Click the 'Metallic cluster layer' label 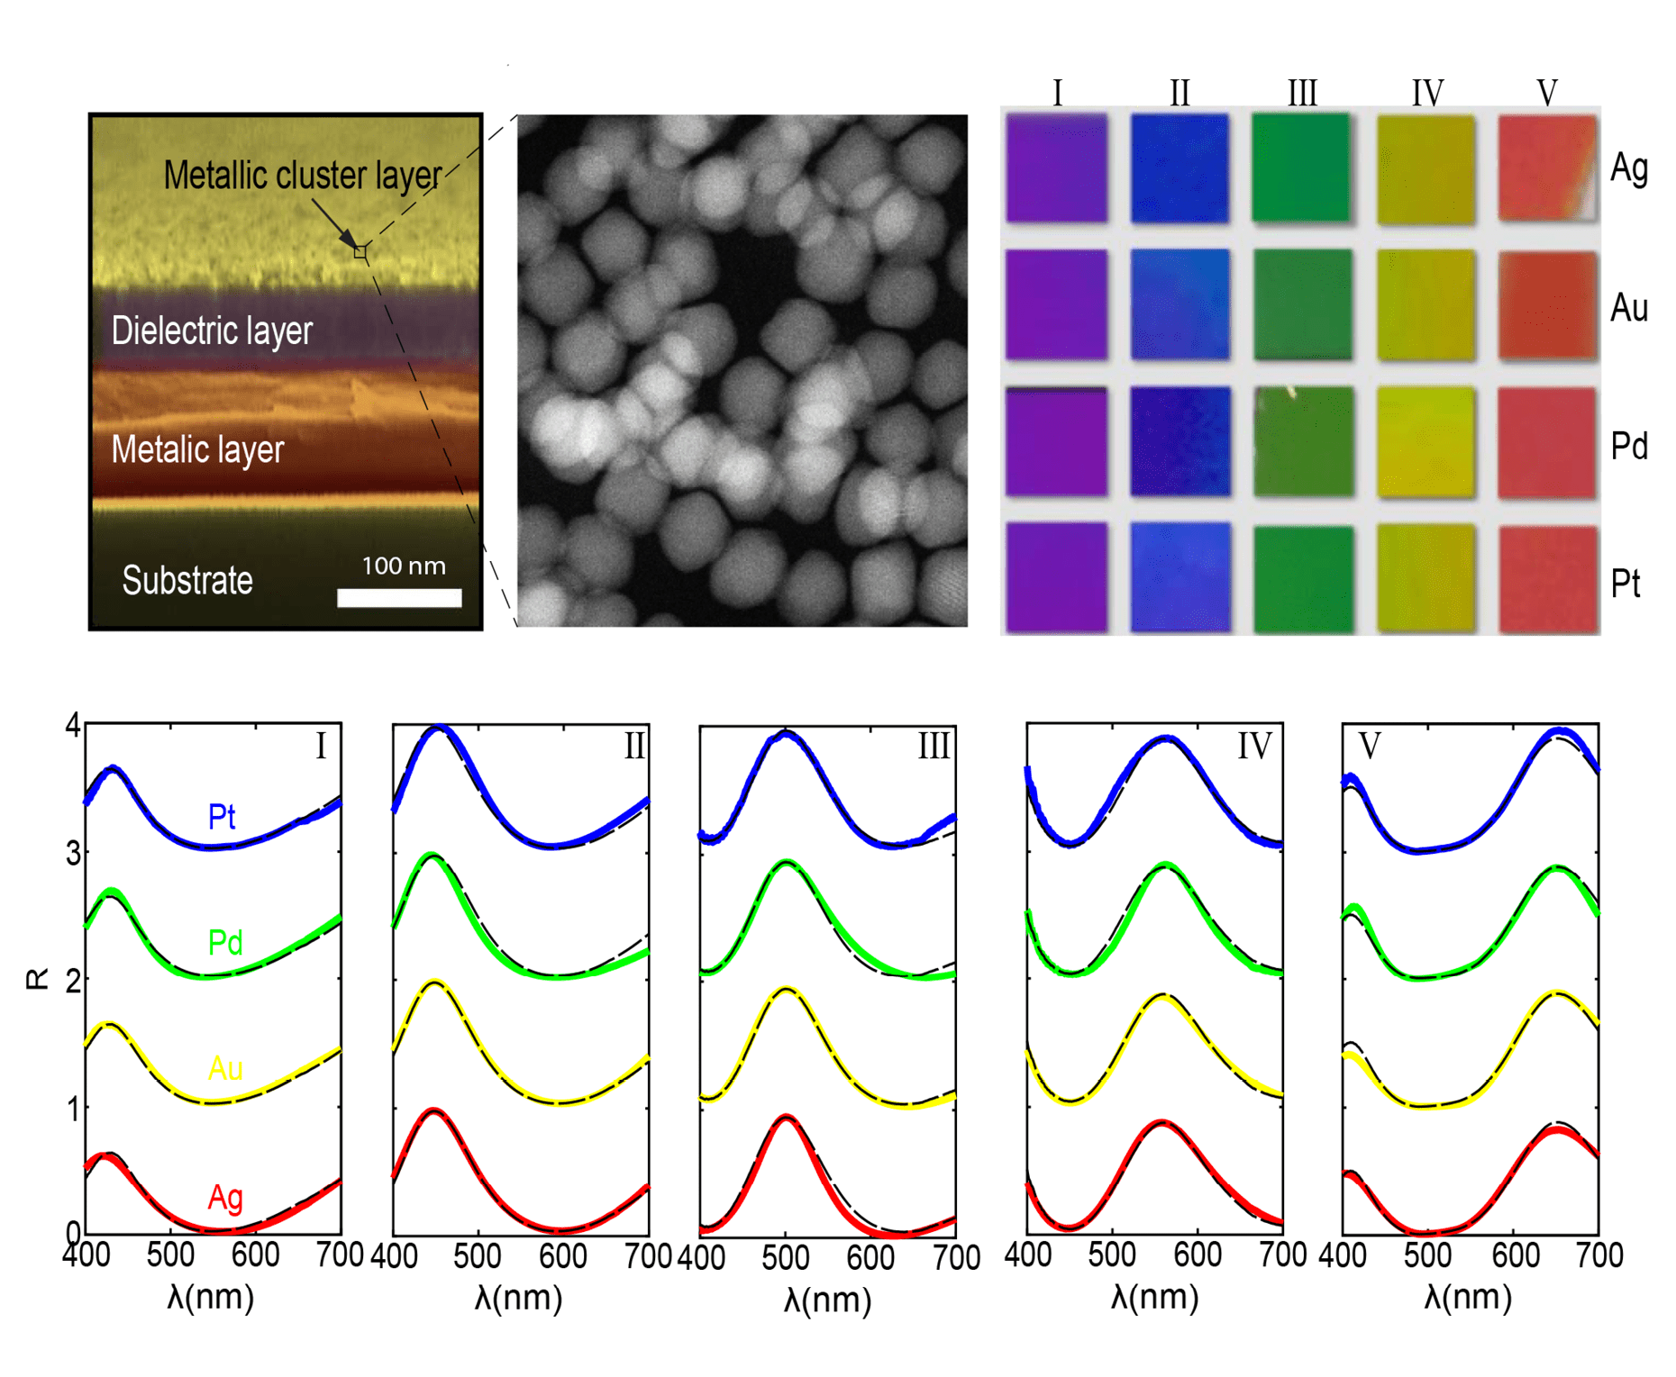tap(302, 176)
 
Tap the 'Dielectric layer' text tap(212, 331)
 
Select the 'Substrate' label tap(187, 581)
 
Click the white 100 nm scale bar tap(399, 597)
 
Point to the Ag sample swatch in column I tap(1057, 168)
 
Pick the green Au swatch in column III tap(1302, 305)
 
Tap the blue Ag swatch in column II tap(1180, 168)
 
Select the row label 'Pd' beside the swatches tap(1628, 446)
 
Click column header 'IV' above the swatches tap(1427, 93)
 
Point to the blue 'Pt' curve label tap(222, 817)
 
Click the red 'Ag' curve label tap(225, 1197)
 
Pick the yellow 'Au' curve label tap(225, 1069)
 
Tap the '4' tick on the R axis tap(72, 725)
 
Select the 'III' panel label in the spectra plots tap(934, 747)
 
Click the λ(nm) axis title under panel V tap(1468, 1297)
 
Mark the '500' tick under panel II tap(477, 1256)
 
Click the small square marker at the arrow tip tap(360, 252)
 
